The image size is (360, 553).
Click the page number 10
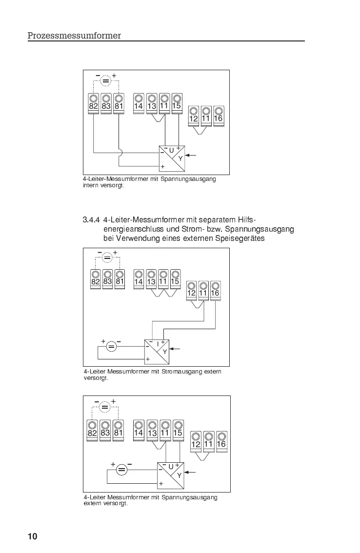[32, 537]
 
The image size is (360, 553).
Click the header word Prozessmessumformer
[74, 36]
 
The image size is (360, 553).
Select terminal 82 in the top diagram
[94, 103]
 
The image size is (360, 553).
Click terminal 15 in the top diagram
[177, 103]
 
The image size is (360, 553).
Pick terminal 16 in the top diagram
[218, 116]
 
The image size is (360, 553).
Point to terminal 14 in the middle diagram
[139, 279]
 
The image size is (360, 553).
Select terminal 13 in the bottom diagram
[153, 430]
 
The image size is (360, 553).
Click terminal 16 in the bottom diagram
[221, 441]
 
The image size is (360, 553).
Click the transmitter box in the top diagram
[172, 158]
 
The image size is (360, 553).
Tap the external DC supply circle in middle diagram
[111, 347]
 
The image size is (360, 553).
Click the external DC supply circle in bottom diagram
[121, 470]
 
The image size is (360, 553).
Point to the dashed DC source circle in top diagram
[106, 81]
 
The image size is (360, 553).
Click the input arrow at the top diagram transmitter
[192, 156]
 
